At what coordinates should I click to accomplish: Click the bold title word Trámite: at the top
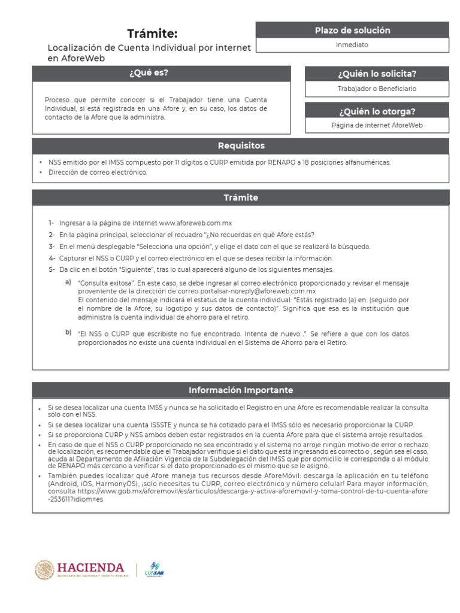coord(152,34)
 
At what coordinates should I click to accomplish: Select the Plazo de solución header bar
coord(352,30)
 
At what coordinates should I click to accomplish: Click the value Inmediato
coord(352,45)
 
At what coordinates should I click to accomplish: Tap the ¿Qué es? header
coord(149,73)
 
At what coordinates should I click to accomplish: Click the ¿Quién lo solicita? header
coord(377,74)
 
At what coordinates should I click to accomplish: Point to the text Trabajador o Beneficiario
coord(377,89)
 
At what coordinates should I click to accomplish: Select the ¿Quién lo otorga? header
coord(377,111)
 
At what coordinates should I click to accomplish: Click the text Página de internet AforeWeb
coord(377,125)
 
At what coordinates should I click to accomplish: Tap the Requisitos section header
coord(241,146)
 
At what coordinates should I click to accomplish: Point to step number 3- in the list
coord(52,246)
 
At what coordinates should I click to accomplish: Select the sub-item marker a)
coord(68,282)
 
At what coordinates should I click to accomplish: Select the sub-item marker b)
coord(68,332)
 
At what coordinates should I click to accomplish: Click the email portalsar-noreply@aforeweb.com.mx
coord(253,292)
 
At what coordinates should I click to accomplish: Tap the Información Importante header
coord(241,390)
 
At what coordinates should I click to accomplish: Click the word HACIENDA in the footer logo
coord(90,567)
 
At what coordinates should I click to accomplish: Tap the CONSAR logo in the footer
coord(155,570)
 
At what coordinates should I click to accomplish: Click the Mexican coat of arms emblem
coord(44,570)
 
